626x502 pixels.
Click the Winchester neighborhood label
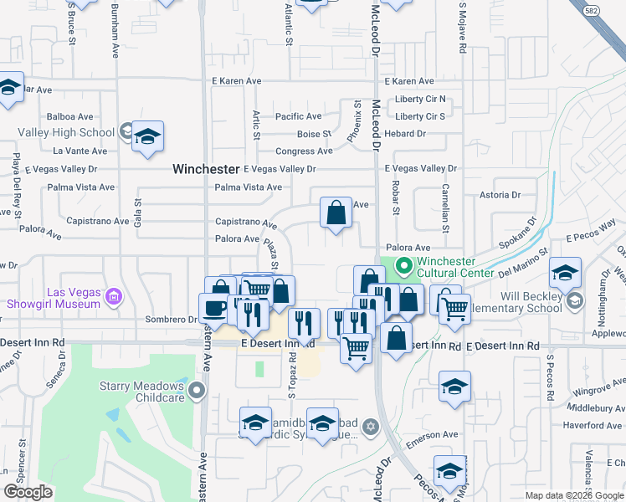206,168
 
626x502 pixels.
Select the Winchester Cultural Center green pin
403,268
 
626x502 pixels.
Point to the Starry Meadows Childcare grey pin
197,390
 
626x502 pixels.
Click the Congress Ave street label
305,151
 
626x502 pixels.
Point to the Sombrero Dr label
169,320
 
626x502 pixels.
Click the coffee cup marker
214,308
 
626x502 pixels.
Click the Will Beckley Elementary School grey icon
574,300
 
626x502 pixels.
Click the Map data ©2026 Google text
575,495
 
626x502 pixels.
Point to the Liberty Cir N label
419,100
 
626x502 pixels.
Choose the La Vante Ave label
80,151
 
